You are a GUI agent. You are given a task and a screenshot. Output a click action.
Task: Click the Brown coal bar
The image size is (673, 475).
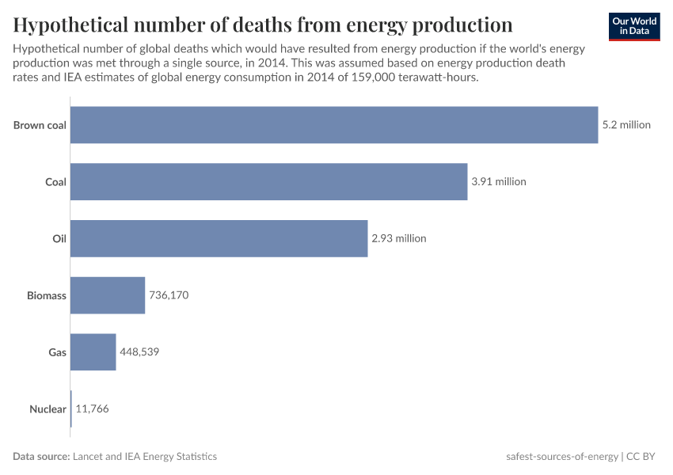pos(333,124)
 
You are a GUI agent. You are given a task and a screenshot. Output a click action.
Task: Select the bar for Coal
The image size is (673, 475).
pos(268,181)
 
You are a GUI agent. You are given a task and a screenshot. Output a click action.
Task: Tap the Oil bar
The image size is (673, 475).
pos(219,238)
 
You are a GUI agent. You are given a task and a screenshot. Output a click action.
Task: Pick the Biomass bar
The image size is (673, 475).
pos(108,295)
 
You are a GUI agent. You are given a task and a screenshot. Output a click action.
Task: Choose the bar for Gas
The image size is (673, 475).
pos(93,352)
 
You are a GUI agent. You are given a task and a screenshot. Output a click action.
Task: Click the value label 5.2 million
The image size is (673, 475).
pos(626,124)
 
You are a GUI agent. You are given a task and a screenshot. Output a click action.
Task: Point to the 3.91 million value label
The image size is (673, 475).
pos(498,181)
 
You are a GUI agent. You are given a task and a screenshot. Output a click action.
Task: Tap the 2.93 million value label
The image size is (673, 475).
pos(398,238)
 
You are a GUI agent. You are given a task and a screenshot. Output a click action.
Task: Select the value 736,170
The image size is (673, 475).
pos(169,295)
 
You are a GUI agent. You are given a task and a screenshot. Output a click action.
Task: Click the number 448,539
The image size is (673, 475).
pos(139,352)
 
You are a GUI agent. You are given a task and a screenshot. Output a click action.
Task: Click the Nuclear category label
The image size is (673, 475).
pos(48,409)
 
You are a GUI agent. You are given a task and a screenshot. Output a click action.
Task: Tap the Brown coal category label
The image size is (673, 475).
pos(40,124)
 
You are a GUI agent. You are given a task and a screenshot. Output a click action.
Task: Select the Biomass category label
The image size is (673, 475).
pos(46,295)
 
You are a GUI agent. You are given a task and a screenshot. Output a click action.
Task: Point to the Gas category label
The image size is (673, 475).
pos(57,352)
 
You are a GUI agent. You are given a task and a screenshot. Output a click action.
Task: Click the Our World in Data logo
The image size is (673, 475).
pos(634,26)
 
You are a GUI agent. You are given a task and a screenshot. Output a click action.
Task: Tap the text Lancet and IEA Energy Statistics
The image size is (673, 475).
pos(144,457)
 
